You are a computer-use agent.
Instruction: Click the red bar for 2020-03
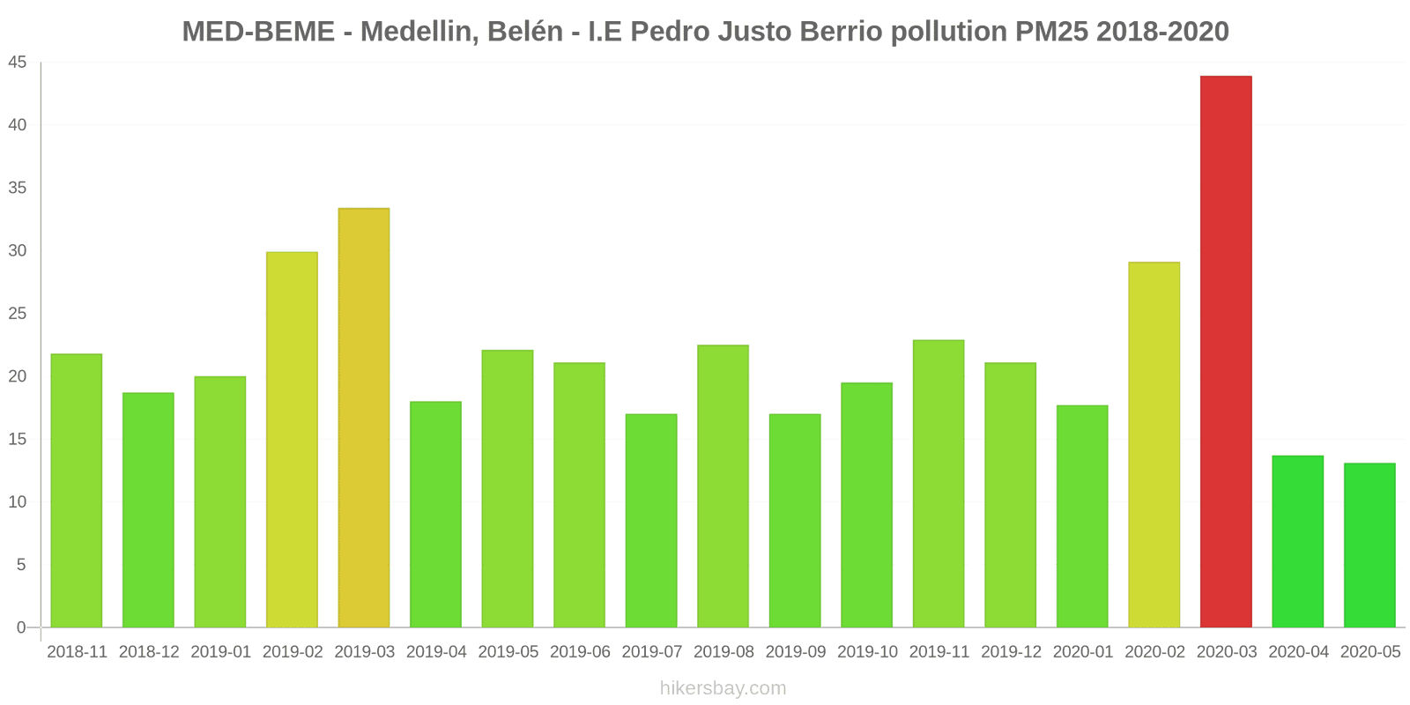(1226, 352)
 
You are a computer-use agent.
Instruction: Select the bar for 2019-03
(364, 418)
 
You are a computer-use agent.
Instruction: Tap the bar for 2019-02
(292, 440)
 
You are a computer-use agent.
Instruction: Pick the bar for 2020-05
(1369, 545)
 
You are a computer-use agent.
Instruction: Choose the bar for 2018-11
(77, 491)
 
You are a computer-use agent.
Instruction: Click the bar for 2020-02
(1154, 445)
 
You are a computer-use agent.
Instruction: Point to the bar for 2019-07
(651, 521)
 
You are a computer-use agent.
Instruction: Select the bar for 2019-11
(939, 484)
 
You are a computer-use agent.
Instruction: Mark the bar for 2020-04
(1297, 541)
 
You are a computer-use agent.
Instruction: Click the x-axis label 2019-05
(508, 652)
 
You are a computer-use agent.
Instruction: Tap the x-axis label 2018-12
(149, 652)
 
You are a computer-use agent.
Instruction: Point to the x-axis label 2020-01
(1083, 652)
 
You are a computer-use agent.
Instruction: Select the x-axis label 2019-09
(796, 652)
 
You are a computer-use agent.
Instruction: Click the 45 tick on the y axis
(18, 63)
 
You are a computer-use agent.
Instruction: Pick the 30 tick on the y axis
(18, 251)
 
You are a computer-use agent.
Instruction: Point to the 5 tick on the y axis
(21, 565)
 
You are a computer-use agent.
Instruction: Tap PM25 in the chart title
(1051, 32)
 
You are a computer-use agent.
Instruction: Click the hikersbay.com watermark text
(723, 688)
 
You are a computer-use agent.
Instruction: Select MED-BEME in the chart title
(258, 32)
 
